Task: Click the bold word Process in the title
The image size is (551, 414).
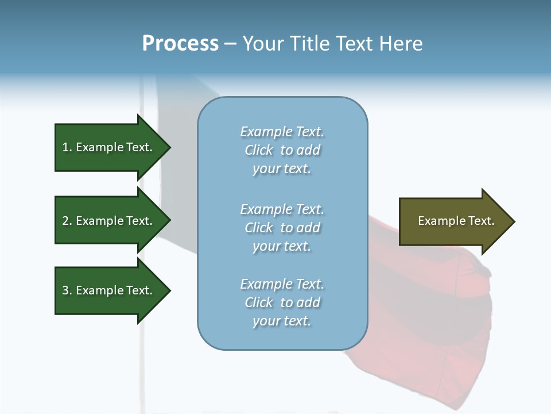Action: (x=180, y=44)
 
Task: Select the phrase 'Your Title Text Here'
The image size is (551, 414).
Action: (x=332, y=44)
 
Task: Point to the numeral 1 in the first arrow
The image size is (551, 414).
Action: (x=65, y=147)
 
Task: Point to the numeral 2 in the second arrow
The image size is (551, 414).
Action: (x=65, y=221)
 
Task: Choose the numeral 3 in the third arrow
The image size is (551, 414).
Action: (x=65, y=290)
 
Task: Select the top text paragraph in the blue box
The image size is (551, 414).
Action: (x=282, y=150)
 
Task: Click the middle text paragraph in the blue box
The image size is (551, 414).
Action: (x=282, y=228)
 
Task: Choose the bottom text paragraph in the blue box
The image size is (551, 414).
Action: (x=282, y=302)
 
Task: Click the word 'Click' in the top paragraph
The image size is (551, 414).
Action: (x=259, y=150)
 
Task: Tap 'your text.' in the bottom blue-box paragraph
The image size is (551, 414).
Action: (x=282, y=321)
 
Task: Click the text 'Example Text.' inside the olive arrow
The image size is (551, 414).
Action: (x=456, y=221)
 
